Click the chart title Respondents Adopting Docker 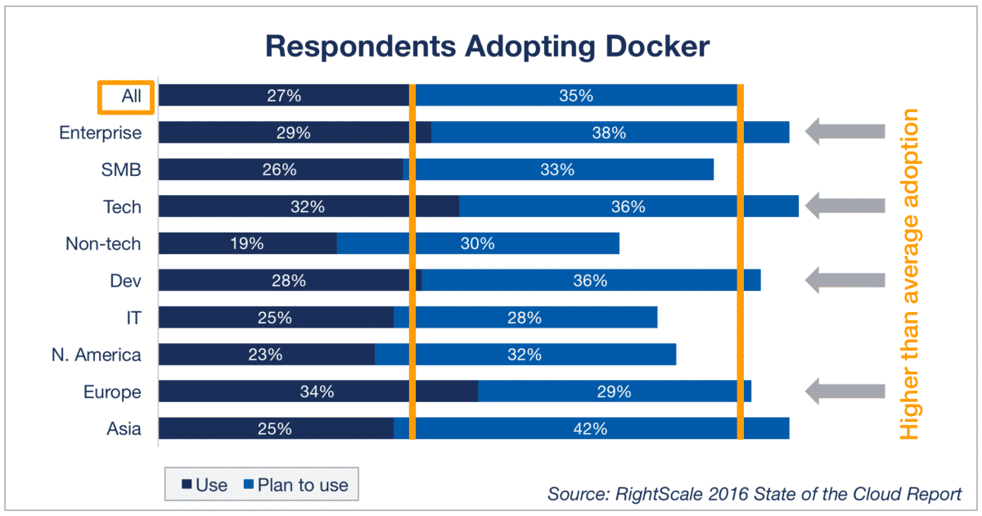(488, 47)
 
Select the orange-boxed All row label (125, 96)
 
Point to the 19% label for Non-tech (246, 243)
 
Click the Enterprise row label (101, 133)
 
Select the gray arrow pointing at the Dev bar (845, 280)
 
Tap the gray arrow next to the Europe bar (845, 392)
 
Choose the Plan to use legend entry (295, 485)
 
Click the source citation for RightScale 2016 (755, 495)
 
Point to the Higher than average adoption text (909, 274)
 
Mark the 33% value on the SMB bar (557, 170)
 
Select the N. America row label (94, 355)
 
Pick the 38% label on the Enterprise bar (609, 133)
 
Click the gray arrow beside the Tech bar (845, 206)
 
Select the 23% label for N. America (265, 355)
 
